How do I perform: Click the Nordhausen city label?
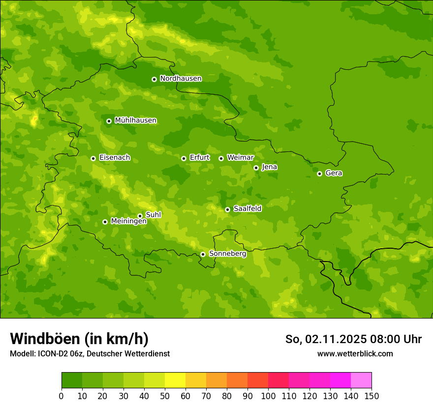[x=181, y=79]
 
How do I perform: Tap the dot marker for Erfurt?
[x=184, y=158]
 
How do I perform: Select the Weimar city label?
[x=240, y=158]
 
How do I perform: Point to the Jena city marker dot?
[x=256, y=168]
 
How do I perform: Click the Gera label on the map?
[x=334, y=173]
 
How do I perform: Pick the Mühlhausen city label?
[x=135, y=120]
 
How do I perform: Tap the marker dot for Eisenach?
[x=93, y=158]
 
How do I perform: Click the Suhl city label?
[x=153, y=215]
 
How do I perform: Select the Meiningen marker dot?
[x=105, y=222]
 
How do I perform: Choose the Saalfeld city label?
[x=247, y=209]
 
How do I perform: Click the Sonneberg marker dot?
[x=203, y=254]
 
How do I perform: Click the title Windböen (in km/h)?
[x=79, y=339]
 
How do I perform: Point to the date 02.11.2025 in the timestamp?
[x=336, y=339]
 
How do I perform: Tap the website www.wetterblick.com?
[x=355, y=353]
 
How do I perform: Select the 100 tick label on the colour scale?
[x=268, y=396]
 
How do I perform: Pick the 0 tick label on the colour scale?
[x=62, y=396]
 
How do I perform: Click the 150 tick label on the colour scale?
[x=371, y=396]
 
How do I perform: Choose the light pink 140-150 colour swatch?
[x=361, y=380]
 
